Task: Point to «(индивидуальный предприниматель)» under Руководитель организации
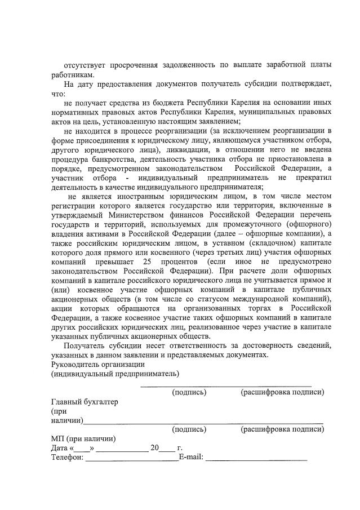pos(115,374)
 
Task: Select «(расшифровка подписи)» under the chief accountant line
pos(282,429)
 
